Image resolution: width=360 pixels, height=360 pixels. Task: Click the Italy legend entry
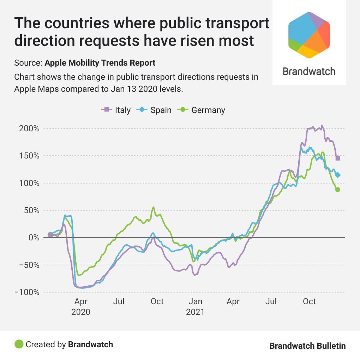pos(116,110)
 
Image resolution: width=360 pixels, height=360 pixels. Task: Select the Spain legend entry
pos(155,110)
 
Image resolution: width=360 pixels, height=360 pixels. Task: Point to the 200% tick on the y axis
pos(29,128)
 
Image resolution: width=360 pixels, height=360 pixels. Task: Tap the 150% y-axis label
pos(29,156)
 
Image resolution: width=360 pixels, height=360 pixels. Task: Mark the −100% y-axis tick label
pos(27,292)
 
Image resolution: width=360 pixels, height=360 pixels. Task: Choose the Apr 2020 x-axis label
pos(81,307)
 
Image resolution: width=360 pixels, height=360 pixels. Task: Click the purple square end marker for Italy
pos(338,158)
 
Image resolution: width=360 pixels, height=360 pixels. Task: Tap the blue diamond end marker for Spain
pos(338,175)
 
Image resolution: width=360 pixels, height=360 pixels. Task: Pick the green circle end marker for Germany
pos(338,190)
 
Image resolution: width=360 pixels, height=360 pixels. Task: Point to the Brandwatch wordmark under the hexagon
pos(309,71)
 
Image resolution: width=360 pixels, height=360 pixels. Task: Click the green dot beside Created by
pos(19,344)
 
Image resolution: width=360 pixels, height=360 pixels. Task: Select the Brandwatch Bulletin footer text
pos(307,346)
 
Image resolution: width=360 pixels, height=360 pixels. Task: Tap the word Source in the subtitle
pos(28,63)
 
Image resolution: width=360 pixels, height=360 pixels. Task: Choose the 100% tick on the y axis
pos(29,183)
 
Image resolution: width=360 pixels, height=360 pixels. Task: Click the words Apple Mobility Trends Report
pos(100,63)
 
